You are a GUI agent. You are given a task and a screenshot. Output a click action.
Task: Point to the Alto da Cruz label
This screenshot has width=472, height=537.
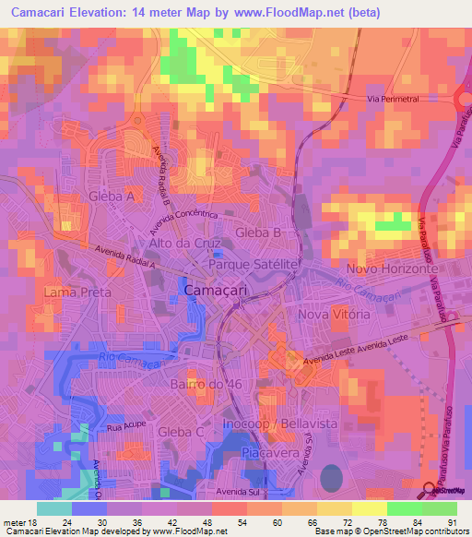[182, 244]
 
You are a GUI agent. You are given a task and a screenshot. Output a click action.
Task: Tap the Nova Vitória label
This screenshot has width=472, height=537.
[334, 315]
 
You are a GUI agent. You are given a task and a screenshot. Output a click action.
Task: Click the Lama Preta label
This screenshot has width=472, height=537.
[77, 292]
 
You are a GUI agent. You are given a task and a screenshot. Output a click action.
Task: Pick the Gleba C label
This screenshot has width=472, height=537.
[182, 432]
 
